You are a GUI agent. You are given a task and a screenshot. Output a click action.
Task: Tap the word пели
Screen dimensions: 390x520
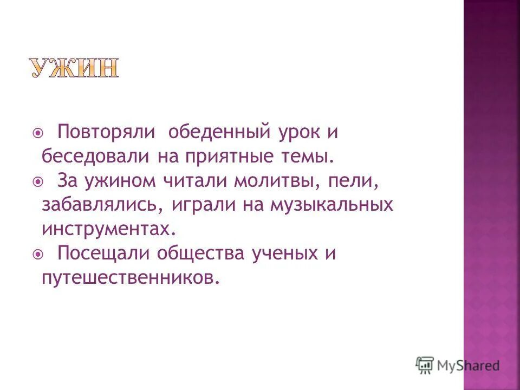click(x=352, y=182)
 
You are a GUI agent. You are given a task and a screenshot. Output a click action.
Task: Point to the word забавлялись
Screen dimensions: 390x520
click(x=102, y=205)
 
